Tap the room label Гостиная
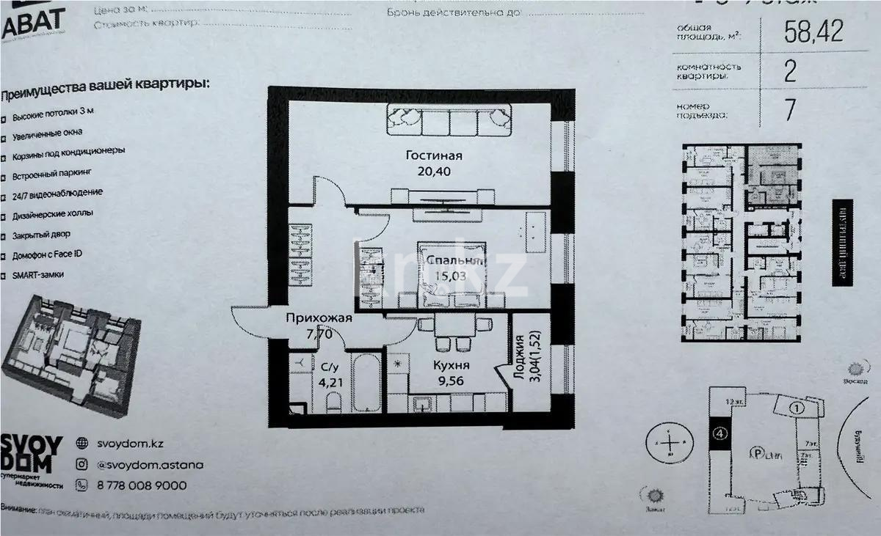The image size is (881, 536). (x=436, y=155)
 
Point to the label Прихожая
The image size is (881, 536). (x=319, y=318)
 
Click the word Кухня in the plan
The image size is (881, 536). (x=451, y=365)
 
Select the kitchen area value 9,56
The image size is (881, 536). (x=451, y=381)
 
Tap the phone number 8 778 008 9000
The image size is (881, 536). (x=142, y=485)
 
